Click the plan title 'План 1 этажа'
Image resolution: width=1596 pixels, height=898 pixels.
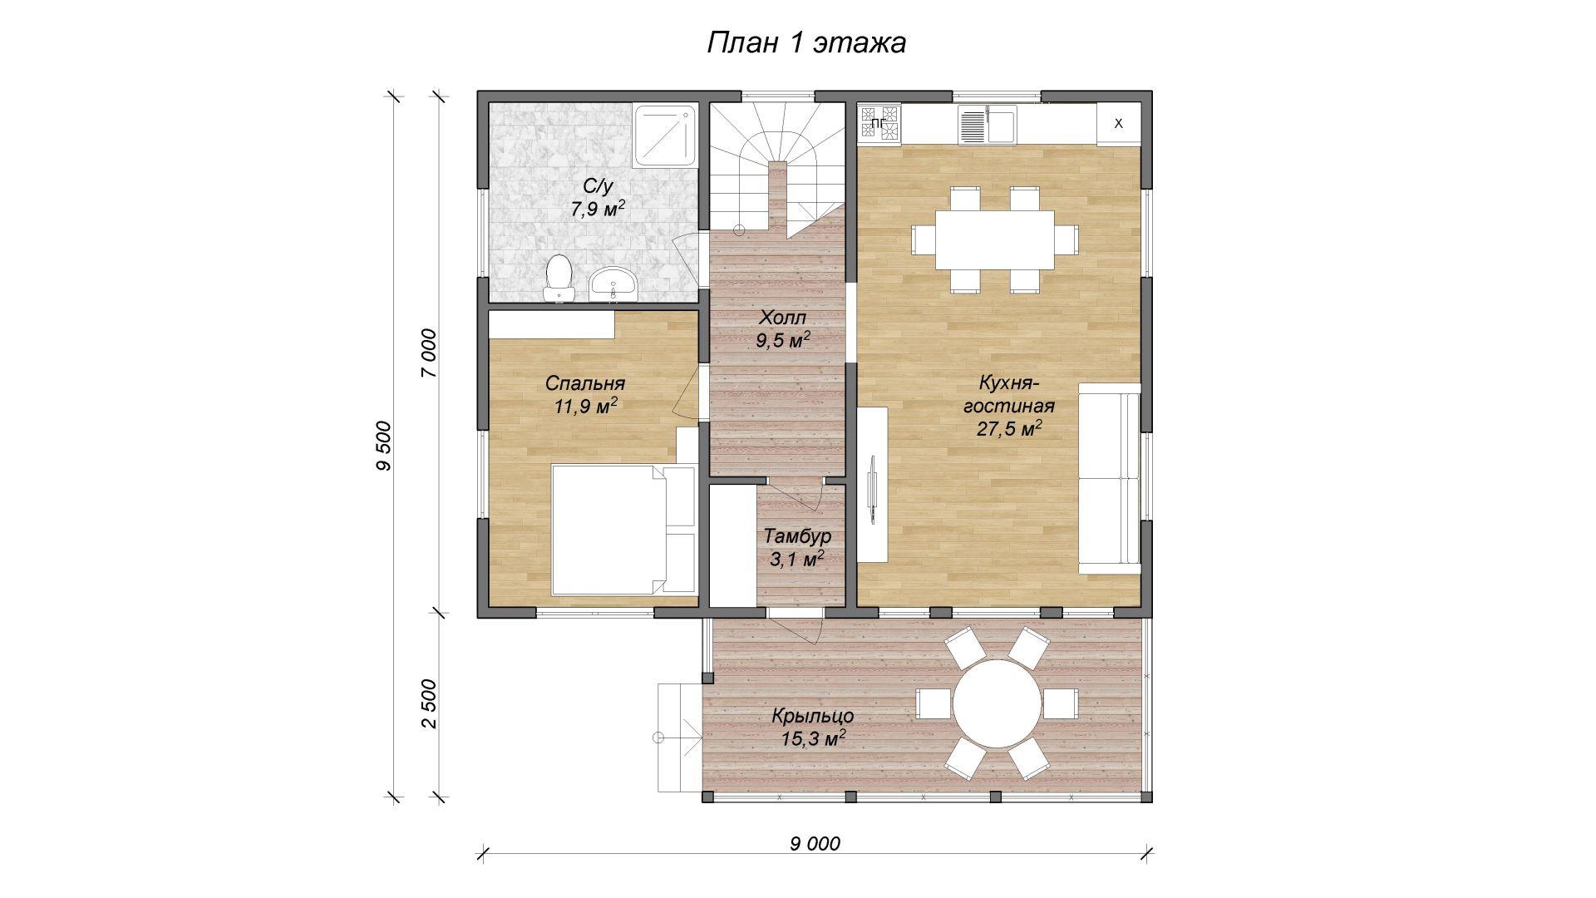click(805, 43)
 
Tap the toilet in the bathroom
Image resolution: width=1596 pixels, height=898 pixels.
click(559, 279)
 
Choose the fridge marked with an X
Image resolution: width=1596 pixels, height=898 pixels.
click(1118, 124)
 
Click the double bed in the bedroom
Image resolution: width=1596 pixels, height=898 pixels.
click(623, 530)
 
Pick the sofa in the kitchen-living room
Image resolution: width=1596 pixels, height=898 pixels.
click(1110, 478)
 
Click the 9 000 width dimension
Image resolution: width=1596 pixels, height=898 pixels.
click(815, 845)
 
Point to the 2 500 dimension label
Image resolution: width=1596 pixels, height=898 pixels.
click(429, 705)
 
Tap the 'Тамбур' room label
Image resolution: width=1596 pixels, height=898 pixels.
click(797, 536)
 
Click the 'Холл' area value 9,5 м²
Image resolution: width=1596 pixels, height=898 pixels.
click(784, 340)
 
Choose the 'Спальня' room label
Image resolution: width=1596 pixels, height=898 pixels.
click(585, 384)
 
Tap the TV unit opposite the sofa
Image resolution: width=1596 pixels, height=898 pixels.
click(873, 485)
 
